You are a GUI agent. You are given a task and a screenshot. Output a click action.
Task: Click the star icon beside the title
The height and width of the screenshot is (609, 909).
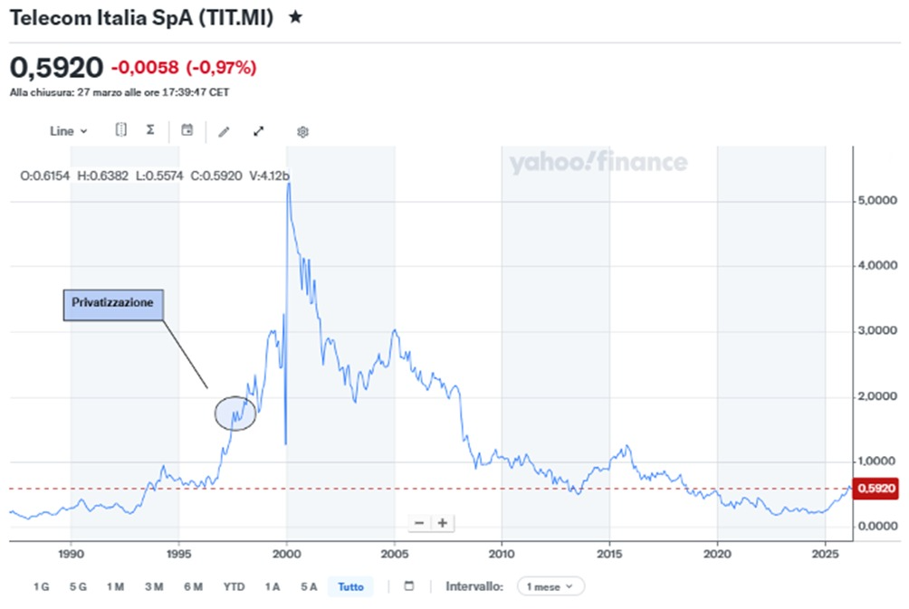(295, 17)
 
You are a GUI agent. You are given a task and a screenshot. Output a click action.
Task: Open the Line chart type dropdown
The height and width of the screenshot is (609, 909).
(68, 131)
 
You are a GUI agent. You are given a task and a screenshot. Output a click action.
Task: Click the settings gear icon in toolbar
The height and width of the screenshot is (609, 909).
(302, 131)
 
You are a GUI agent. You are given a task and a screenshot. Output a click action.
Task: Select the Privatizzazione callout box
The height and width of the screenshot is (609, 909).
(114, 305)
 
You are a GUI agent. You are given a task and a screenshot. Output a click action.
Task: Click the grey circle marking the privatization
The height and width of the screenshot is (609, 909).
(234, 413)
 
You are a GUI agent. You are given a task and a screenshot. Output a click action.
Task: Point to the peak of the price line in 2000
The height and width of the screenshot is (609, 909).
(288, 185)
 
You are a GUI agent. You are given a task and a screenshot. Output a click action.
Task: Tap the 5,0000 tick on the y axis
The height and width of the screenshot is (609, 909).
(876, 200)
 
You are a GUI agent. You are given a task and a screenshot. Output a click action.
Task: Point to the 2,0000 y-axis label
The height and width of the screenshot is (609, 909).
(876, 396)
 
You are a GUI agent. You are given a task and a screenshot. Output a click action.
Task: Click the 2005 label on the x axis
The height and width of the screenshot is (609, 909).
(394, 552)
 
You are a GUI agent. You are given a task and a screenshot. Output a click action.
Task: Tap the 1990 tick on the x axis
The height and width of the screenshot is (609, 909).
(71, 552)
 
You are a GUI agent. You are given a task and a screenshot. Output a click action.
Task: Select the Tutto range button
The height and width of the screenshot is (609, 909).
(350, 586)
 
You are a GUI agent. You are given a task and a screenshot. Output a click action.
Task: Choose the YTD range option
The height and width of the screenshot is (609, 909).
(234, 586)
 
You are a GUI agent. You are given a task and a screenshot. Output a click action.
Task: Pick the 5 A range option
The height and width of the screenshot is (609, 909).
(309, 586)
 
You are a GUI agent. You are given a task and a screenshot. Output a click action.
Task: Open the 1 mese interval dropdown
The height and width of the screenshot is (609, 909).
(550, 586)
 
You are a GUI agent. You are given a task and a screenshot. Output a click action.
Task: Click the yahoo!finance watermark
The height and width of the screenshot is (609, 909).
(598, 163)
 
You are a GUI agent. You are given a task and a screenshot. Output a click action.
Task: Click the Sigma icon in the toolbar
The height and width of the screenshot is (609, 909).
(150, 130)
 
